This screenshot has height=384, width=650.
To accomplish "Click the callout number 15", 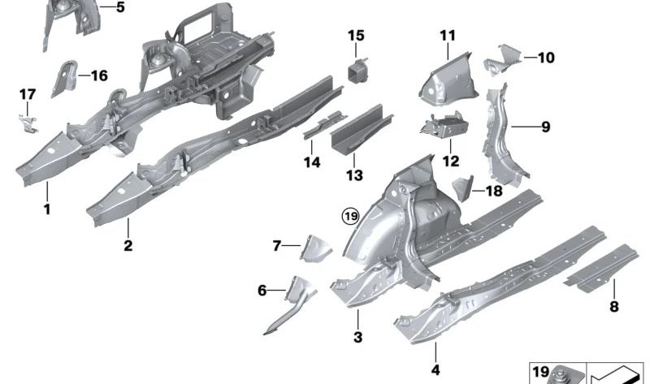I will (357, 36).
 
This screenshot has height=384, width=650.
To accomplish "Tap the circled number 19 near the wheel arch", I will (349, 216).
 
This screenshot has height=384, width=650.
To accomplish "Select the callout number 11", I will (448, 36).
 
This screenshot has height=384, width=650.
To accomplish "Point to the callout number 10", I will (546, 58).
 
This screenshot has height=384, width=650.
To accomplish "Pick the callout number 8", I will (613, 306).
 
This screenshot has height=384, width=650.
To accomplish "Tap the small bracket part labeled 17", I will (29, 122).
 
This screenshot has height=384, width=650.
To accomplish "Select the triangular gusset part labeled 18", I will (461, 187).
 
